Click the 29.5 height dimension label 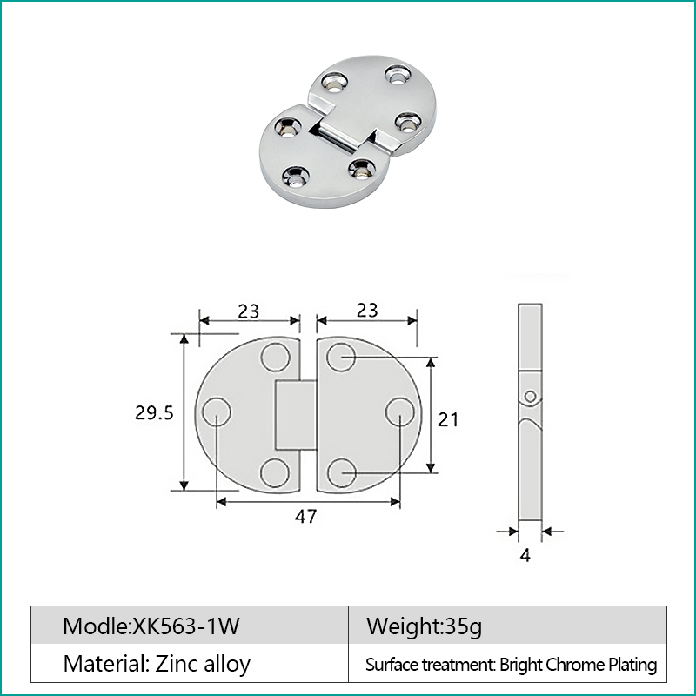tap(154, 413)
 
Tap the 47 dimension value tap(304, 516)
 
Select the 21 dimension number tap(448, 419)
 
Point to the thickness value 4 tap(525, 555)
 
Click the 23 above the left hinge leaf tap(249, 311)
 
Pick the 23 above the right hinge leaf tap(367, 311)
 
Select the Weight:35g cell tap(424, 626)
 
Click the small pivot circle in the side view tap(530, 397)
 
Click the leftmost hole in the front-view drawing tap(215, 413)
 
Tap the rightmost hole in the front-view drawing tap(399, 413)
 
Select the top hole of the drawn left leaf tap(275, 358)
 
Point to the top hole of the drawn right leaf tap(343, 357)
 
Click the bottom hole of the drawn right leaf tap(343, 472)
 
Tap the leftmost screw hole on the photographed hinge tap(288, 129)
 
